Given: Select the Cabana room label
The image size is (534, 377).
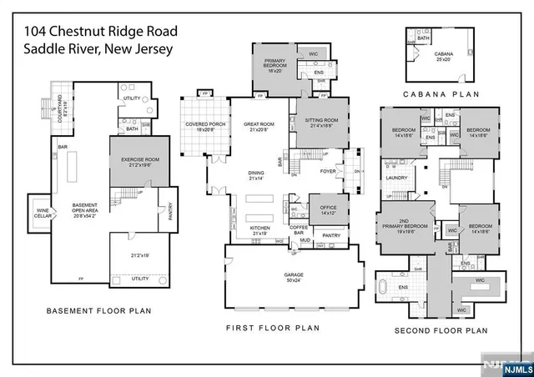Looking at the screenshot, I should (x=443, y=56).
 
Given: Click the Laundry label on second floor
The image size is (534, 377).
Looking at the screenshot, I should (x=395, y=177).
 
